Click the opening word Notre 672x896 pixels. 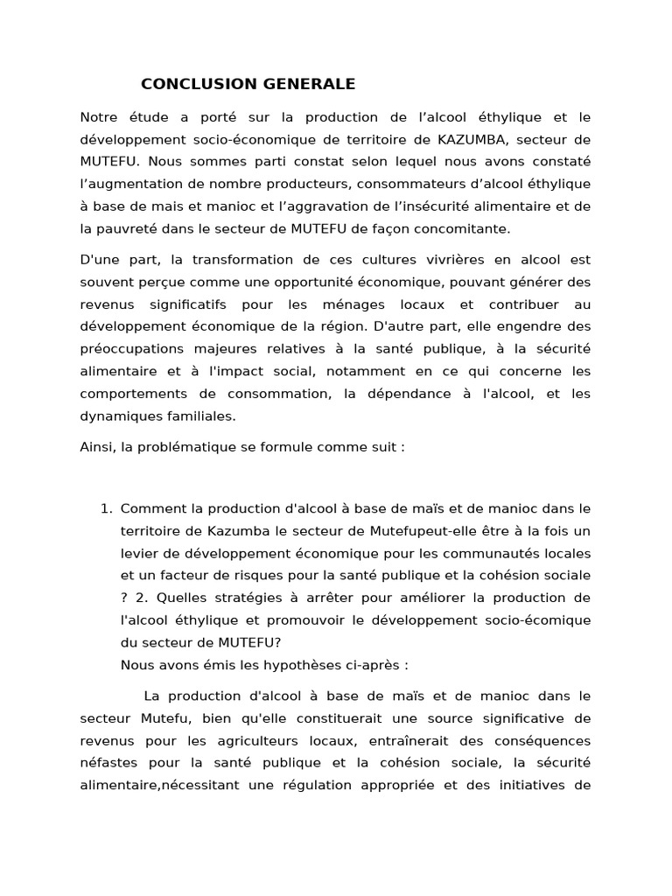tap(99, 117)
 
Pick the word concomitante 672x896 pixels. tap(464, 228)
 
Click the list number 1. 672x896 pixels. tap(105, 508)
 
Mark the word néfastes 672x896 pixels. tap(108, 762)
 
